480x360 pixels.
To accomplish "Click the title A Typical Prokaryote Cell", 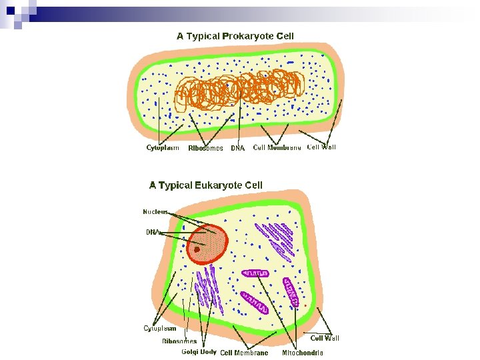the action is [235, 36].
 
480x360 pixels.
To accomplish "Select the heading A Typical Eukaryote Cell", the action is [205, 185].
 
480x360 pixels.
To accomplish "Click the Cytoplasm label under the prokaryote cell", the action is [163, 148].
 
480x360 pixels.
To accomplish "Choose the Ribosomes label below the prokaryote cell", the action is [205, 149].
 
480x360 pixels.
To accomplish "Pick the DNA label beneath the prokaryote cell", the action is [238, 149].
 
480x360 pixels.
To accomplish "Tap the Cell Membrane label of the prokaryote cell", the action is [277, 148].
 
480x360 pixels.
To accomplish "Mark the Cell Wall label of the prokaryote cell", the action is [321, 147].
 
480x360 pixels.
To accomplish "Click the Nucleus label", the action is [155, 212].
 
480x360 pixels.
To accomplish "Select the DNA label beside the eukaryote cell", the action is [153, 232].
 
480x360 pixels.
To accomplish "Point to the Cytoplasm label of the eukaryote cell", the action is [160, 328].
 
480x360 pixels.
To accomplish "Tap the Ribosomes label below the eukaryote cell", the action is [179, 341].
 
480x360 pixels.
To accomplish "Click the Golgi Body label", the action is [199, 352].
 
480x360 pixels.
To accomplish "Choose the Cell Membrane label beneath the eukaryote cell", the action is [244, 353].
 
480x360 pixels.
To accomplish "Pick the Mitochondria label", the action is [303, 353].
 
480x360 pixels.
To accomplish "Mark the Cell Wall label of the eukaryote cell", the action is [325, 339].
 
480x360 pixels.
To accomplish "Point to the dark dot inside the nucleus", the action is [197, 250].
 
